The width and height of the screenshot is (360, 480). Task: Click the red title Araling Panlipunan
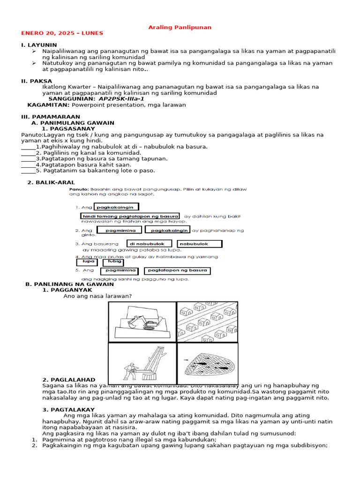click(180, 27)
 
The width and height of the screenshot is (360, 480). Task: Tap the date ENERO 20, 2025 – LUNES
click(62, 33)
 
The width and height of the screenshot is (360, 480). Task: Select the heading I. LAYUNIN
click(39, 45)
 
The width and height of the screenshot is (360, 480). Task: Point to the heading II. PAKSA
click(37, 81)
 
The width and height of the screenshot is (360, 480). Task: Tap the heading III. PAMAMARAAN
click(51, 117)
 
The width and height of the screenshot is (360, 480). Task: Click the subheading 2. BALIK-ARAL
click(51, 182)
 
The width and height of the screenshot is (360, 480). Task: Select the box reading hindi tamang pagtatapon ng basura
click(127, 216)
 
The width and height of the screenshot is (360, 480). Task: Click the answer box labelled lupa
click(89, 262)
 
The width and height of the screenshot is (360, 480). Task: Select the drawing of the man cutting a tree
click(142, 364)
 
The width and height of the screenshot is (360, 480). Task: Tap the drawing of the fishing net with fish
click(207, 364)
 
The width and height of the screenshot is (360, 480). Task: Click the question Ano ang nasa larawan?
click(97, 296)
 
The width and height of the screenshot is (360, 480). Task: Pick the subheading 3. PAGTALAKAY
click(68, 410)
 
